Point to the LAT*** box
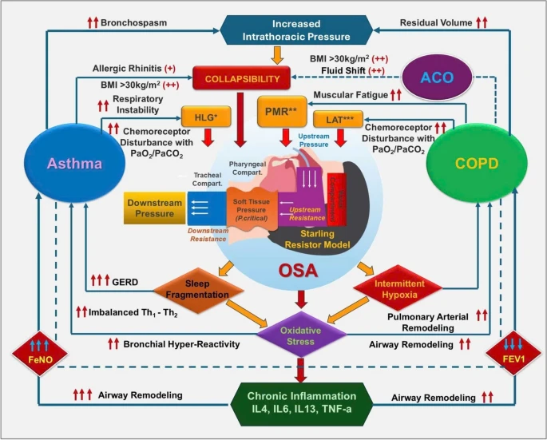pyautogui.click(x=339, y=120)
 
